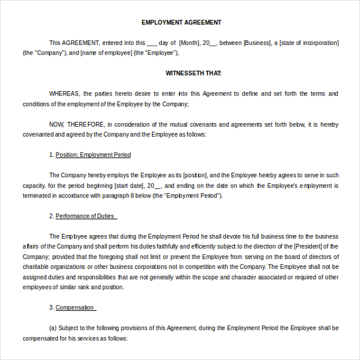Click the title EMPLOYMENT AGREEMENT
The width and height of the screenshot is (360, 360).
tap(182, 23)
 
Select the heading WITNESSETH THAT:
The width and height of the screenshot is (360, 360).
tap(193, 73)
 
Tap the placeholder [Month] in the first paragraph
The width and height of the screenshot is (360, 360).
tap(190, 42)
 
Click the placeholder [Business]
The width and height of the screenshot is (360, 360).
tap(257, 42)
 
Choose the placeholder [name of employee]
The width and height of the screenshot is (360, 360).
tap(107, 53)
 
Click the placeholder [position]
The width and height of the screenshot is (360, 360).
tap(195, 175)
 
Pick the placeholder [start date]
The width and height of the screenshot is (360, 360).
tap(129, 185)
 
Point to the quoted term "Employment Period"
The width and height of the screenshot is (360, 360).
tap(195, 196)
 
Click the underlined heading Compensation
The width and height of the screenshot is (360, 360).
tap(74, 307)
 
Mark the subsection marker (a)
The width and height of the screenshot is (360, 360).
tap(53, 328)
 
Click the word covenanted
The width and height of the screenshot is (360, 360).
tap(38, 134)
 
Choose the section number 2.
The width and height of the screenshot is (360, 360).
tap(51, 216)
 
